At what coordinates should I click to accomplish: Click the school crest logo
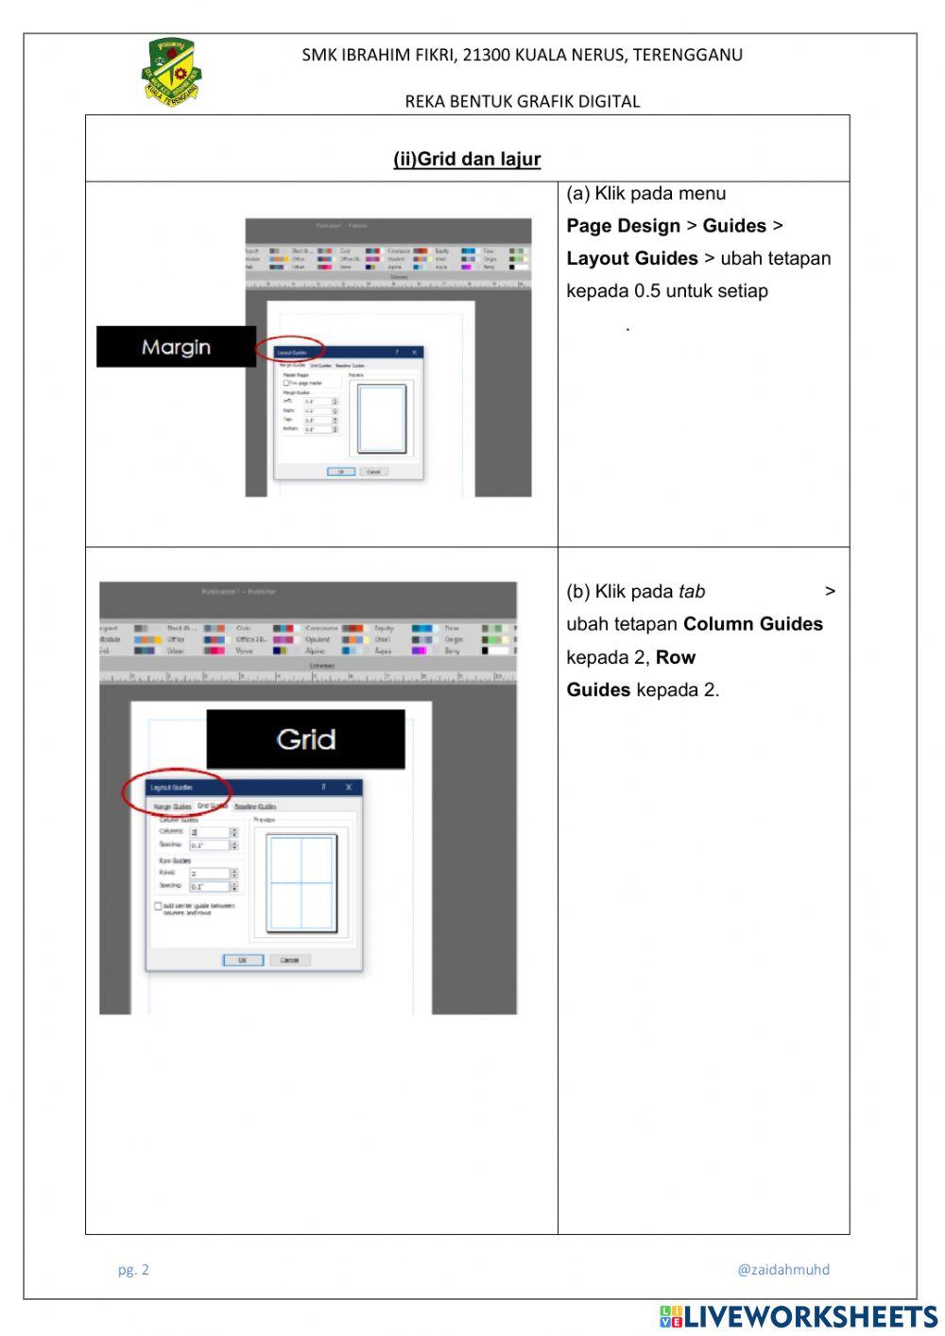point(172,72)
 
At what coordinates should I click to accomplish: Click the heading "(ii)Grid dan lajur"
point(467,159)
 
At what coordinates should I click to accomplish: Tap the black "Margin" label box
point(176,347)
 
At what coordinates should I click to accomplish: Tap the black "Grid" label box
point(305,738)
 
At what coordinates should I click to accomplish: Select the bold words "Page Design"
point(623,226)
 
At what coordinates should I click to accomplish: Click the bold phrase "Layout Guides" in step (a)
point(631,258)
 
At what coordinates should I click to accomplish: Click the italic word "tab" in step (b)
point(692,592)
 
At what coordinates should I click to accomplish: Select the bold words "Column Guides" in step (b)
point(752,624)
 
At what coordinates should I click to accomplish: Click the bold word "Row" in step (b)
point(675,657)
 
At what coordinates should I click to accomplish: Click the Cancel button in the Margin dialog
point(373,471)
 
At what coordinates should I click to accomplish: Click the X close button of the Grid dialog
point(349,787)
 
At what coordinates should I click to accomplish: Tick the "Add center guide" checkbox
point(158,906)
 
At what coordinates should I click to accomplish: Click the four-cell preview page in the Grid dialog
point(301,883)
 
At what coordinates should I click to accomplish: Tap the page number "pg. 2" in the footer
point(133,1270)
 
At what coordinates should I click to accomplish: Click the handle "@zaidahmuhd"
point(782,1270)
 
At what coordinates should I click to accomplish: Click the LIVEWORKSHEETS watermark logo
point(799,1317)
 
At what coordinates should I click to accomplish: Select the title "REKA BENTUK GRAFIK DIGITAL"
point(522,101)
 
